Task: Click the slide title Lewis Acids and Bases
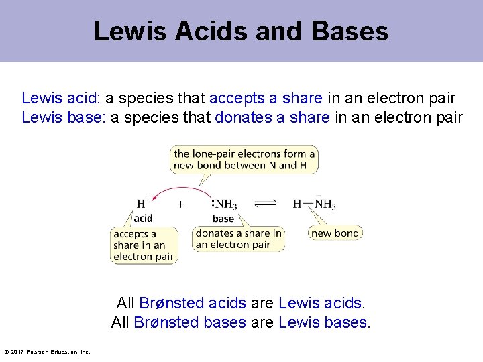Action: click(241, 31)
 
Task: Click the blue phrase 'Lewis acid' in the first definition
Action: click(60, 99)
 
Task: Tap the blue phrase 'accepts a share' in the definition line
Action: click(266, 99)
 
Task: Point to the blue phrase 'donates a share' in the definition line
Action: click(272, 118)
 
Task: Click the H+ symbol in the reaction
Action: click(144, 203)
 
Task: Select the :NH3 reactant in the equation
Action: click(223, 204)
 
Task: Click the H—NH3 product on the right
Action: click(315, 204)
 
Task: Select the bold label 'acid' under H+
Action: click(143, 218)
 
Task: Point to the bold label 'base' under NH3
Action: click(223, 219)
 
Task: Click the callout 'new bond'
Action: click(335, 233)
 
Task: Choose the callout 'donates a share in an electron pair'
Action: click(239, 239)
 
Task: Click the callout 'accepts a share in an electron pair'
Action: click(144, 245)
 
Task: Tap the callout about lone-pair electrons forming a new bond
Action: click(244, 160)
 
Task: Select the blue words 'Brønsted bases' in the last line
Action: click(190, 322)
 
